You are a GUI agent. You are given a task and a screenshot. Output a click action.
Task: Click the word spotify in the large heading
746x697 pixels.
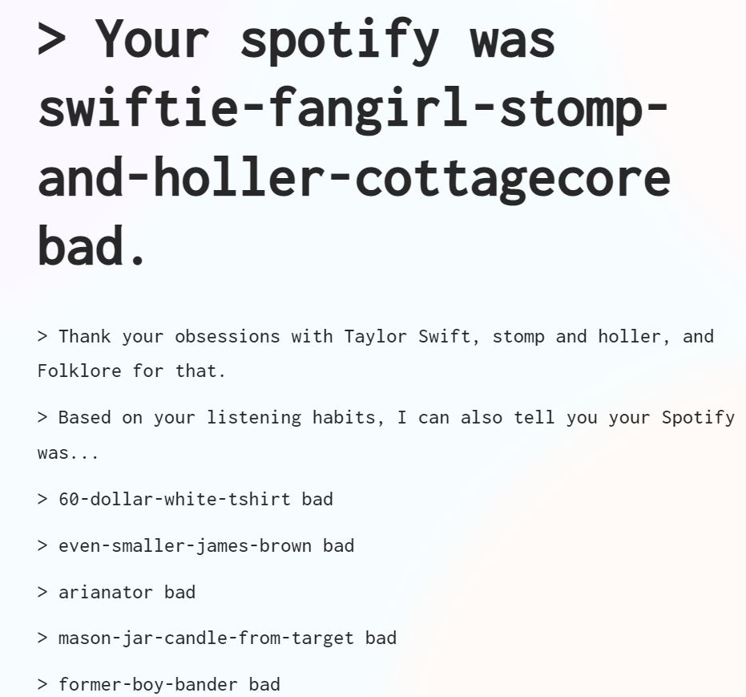(x=339, y=38)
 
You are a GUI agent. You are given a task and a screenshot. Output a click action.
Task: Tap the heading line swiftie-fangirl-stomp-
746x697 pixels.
(x=353, y=108)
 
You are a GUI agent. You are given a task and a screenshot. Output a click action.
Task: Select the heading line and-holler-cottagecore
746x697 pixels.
(x=353, y=177)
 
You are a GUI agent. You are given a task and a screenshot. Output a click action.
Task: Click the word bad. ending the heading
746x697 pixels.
(x=92, y=246)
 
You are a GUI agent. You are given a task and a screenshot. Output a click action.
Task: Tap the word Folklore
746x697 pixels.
(x=79, y=371)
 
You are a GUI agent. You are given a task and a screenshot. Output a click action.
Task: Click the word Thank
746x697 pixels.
(x=85, y=336)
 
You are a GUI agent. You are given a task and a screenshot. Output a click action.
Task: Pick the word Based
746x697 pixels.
(x=85, y=418)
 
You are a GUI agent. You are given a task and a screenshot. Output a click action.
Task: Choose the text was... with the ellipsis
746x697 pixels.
(x=68, y=453)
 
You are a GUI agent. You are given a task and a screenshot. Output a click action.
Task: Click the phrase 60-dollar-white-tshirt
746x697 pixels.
(x=174, y=499)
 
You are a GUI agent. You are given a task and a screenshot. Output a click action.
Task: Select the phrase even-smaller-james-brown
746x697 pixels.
(x=184, y=545)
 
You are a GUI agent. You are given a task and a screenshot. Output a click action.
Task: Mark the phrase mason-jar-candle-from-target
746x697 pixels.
(x=206, y=638)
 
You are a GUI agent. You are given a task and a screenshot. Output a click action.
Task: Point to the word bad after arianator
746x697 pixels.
(x=179, y=592)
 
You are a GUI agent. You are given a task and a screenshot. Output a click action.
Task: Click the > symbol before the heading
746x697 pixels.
(x=52, y=38)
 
